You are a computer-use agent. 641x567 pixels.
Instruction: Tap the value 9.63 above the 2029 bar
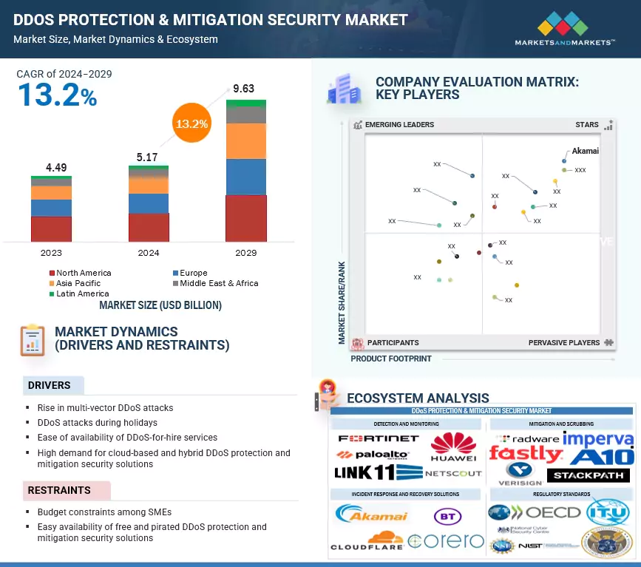tap(243, 89)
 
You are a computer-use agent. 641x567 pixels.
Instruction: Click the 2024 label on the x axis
tap(149, 253)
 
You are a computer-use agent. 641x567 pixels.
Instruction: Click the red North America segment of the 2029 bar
tap(245, 218)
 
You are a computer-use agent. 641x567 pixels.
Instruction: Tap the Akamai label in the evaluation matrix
tap(586, 151)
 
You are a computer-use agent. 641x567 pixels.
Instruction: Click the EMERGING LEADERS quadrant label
tap(399, 125)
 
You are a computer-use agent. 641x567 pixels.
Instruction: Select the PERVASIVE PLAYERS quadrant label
tap(564, 343)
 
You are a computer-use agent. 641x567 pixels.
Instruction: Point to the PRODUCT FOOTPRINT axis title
tap(391, 359)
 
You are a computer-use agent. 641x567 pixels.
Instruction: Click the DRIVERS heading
tap(50, 385)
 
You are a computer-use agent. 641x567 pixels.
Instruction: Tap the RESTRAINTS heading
tap(59, 490)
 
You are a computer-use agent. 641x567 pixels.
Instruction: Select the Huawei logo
tap(453, 448)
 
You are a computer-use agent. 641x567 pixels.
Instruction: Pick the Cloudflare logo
tap(367, 541)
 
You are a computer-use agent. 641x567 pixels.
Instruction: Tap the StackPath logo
tap(589, 475)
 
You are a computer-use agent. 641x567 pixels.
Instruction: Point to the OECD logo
tap(535, 512)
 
